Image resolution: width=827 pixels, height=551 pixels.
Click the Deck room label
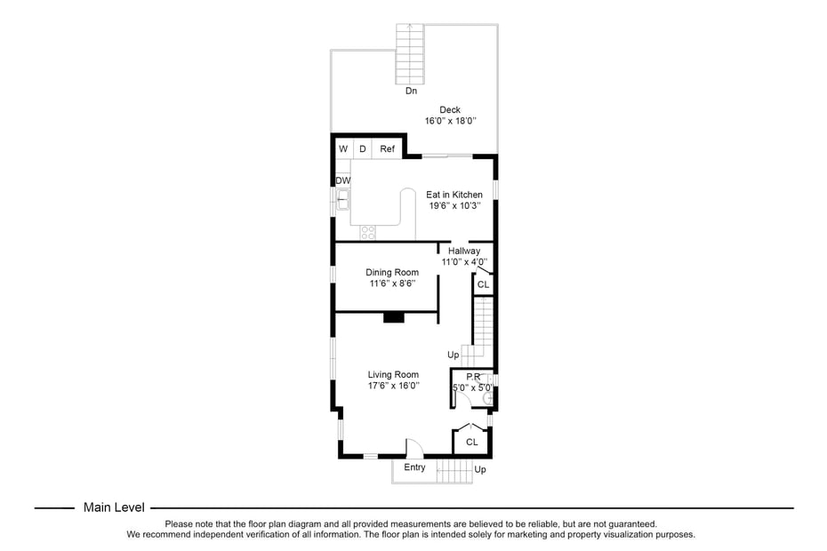[x=449, y=110]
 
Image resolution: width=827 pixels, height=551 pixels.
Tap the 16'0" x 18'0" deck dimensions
[x=450, y=121]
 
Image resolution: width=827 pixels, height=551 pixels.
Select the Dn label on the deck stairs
[x=411, y=91]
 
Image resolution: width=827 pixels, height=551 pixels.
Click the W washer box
[x=342, y=149]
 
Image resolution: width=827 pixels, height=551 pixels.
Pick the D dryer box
[x=363, y=149]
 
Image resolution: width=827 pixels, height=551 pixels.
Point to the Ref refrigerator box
[x=388, y=149]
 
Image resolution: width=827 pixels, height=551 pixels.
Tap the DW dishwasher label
[x=342, y=180]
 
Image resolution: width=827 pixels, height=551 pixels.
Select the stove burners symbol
[x=367, y=233]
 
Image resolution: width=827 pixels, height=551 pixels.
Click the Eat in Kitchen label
[x=454, y=195]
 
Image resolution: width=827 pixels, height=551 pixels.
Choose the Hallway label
[x=464, y=252]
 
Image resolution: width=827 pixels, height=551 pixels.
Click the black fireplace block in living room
[x=393, y=317]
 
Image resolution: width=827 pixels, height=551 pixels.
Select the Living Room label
[x=393, y=375]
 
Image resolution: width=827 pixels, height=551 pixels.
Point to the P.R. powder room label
[x=474, y=377]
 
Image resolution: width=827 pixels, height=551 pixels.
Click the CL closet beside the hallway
[x=483, y=285]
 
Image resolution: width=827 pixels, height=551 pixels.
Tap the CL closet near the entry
[x=472, y=442]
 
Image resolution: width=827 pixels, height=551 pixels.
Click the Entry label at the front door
[x=414, y=467]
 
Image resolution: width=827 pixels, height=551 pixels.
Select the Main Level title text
[x=114, y=507]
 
